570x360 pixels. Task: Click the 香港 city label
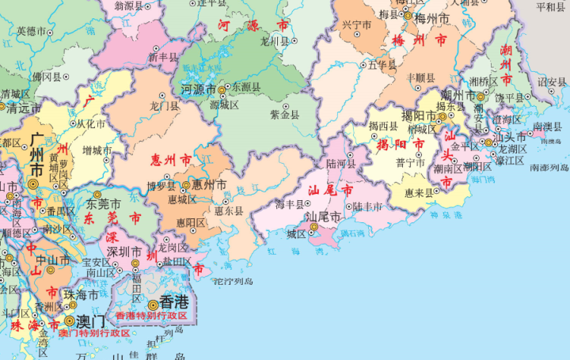(x=175, y=301)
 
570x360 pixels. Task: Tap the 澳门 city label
(x=90, y=321)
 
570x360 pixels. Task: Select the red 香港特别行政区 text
(x=151, y=315)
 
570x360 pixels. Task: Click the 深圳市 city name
(x=124, y=252)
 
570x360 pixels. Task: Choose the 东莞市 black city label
(x=104, y=203)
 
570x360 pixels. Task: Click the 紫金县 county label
(x=284, y=115)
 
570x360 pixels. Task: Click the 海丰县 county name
(x=291, y=205)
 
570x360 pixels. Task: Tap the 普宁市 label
(x=411, y=162)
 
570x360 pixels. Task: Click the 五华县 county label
(x=382, y=65)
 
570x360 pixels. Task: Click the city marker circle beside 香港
(x=152, y=303)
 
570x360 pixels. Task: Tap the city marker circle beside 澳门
(x=70, y=321)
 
